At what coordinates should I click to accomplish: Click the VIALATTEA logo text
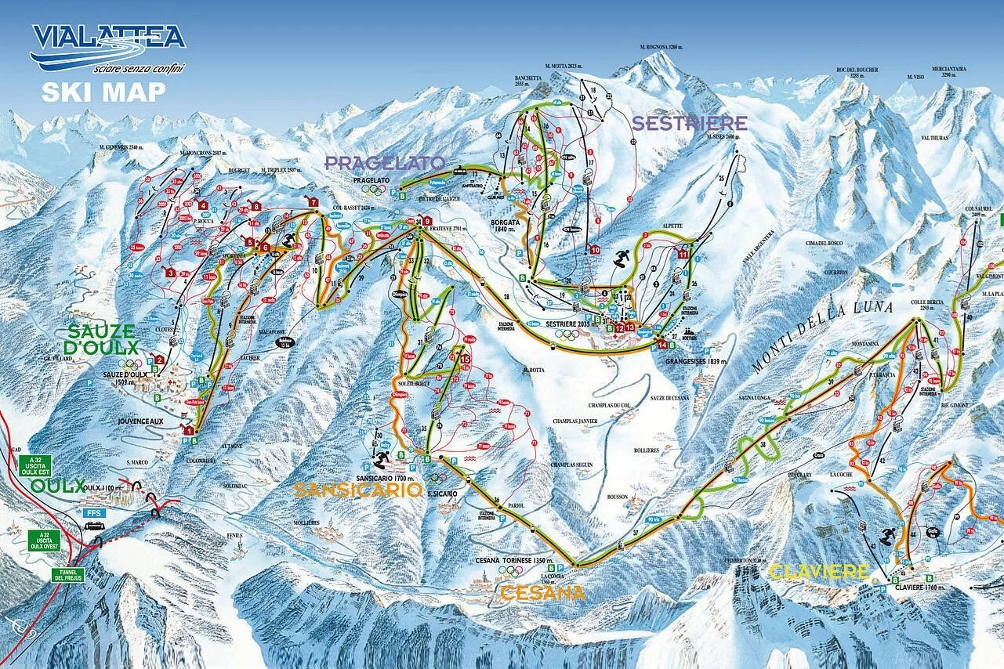(107, 37)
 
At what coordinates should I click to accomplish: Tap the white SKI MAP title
(103, 92)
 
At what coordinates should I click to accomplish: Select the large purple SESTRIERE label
(689, 123)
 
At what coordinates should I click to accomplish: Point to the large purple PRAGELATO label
(385, 163)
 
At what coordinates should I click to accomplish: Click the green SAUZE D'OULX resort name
(103, 339)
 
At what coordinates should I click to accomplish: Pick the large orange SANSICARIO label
(357, 490)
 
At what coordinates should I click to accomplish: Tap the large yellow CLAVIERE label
(819, 572)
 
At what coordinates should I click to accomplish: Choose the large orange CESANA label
(542, 593)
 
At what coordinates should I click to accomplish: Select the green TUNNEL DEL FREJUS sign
(67, 575)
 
